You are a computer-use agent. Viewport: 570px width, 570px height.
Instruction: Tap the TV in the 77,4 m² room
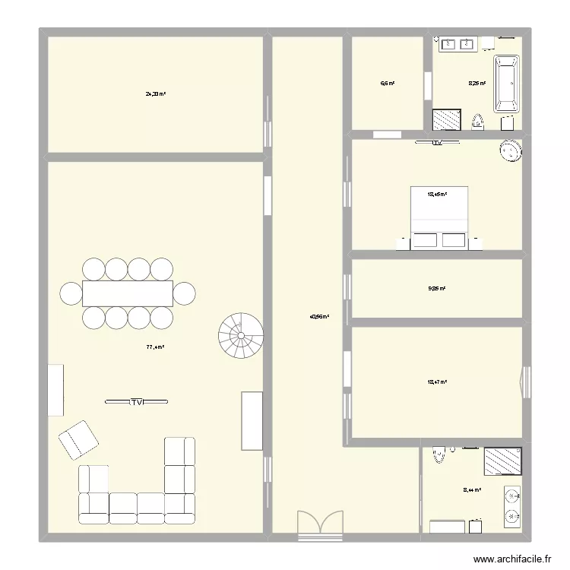(137, 401)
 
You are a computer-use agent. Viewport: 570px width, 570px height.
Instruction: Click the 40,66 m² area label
(320, 317)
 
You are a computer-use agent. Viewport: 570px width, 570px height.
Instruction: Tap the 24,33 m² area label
(156, 94)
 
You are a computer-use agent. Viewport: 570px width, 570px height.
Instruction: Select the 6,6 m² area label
(388, 84)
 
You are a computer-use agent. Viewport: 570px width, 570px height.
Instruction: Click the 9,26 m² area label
(436, 289)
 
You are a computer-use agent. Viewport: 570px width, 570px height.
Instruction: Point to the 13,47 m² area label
(436, 382)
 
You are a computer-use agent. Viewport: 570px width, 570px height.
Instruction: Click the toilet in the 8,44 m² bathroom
(438, 455)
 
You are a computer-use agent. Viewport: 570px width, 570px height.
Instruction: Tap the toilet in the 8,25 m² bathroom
(477, 121)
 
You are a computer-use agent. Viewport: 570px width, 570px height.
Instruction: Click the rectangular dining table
(128, 293)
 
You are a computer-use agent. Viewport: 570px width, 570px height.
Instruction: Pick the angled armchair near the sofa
(78, 440)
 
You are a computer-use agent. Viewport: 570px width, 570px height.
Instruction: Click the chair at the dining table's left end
(71, 293)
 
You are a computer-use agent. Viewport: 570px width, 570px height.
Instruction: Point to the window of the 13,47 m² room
(524, 382)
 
